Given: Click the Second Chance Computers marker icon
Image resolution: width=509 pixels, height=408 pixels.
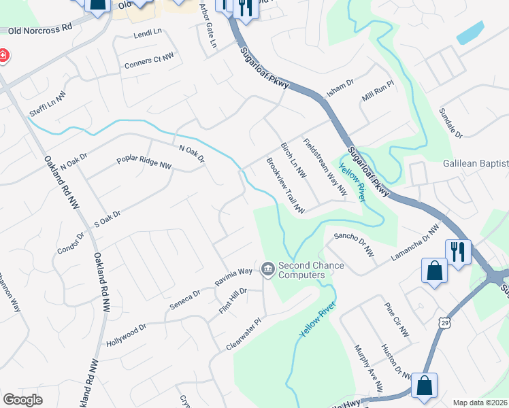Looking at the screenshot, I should (267, 270).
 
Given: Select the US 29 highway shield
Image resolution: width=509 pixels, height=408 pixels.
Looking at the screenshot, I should (443, 319).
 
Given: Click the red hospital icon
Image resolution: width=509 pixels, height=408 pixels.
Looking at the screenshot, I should (3, 55).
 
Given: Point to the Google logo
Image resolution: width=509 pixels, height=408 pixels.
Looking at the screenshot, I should (22, 400).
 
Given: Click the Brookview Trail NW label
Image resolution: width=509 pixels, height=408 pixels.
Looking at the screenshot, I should (285, 186).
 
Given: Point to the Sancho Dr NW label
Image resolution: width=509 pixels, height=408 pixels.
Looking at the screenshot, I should (354, 243).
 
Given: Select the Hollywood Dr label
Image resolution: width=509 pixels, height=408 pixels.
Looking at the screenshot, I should (127, 336).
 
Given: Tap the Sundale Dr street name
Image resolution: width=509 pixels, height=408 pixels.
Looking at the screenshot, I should (450, 122).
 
